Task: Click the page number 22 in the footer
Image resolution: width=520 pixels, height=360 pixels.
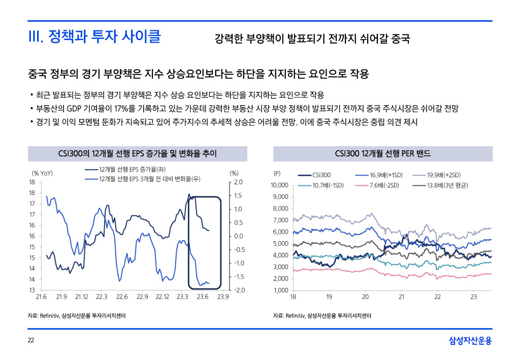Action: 31,340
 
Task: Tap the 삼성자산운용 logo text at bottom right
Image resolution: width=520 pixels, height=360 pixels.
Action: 470,341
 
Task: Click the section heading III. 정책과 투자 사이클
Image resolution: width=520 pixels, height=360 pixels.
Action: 94,37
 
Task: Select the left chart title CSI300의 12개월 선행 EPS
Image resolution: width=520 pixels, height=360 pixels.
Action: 137,153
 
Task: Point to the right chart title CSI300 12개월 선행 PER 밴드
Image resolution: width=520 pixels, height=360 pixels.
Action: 382,153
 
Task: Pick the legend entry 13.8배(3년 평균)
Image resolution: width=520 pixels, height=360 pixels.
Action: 447,185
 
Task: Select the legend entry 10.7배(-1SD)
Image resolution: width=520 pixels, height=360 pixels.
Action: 328,185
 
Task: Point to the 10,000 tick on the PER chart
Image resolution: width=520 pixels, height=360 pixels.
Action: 279,185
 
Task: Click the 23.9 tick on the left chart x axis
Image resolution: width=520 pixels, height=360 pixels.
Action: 222,297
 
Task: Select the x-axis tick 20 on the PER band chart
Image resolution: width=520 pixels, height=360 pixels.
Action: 365,297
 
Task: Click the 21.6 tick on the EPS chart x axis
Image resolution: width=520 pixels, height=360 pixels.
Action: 42,297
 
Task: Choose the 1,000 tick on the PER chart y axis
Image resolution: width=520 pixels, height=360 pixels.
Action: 281,290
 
